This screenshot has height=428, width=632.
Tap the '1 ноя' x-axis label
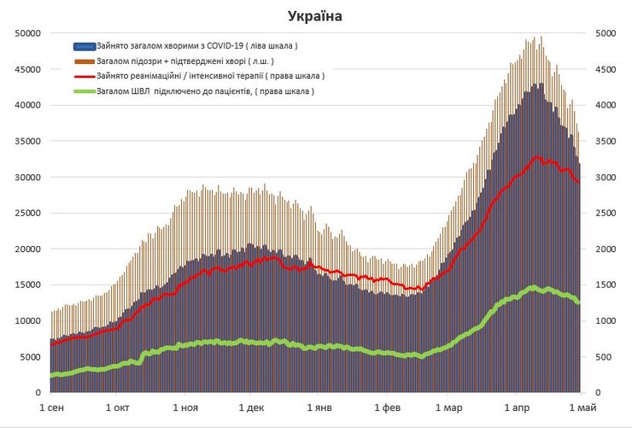185,407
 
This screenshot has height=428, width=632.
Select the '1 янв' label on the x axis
318,407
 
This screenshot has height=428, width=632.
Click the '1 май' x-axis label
581,407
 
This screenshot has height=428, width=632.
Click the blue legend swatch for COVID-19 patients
85,46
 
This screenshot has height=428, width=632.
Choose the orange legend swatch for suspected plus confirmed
85,61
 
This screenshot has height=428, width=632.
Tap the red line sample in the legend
85,75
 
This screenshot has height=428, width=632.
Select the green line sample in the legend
85,91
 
